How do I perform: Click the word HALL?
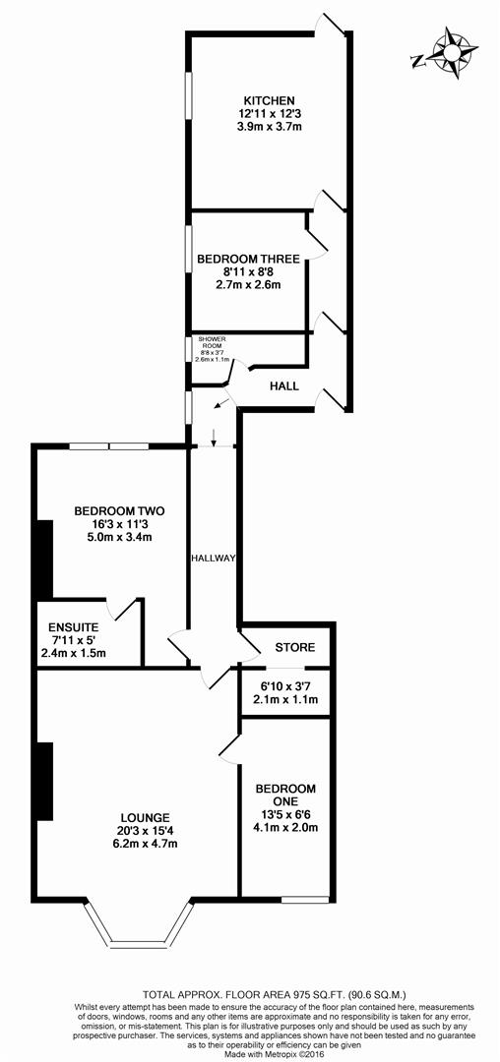[283, 386]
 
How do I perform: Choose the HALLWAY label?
[214, 559]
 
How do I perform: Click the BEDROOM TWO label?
[119, 510]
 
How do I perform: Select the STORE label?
[294, 647]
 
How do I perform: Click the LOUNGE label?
[147, 816]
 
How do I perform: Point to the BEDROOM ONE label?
[285, 796]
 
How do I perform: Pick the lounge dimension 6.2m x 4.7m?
[147, 846]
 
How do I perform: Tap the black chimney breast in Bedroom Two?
[43, 558]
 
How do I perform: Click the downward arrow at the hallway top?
[214, 437]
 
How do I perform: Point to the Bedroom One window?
[305, 898]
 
